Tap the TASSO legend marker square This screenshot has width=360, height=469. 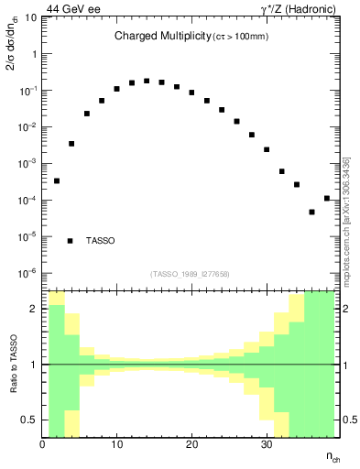(x=71, y=241)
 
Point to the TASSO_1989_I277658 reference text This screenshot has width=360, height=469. (x=190, y=273)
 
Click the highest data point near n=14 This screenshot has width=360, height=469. (x=147, y=81)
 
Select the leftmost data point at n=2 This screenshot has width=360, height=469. (x=57, y=180)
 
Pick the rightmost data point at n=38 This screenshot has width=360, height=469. (x=327, y=198)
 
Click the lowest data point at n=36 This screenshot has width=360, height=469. (x=311, y=212)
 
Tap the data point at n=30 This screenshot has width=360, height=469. (x=267, y=149)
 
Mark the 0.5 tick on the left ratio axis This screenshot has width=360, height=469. (x=30, y=420)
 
